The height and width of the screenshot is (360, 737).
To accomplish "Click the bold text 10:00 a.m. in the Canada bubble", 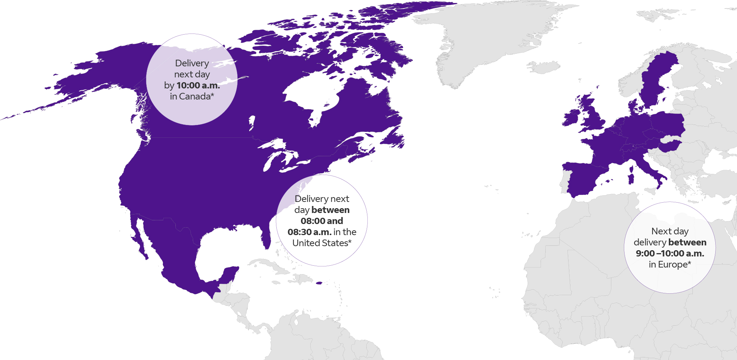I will [x=198, y=85].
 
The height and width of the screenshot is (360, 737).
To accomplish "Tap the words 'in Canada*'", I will [x=192, y=97].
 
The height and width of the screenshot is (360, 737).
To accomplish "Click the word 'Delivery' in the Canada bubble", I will [x=192, y=63].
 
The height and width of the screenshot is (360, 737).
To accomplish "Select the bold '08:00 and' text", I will [x=322, y=221].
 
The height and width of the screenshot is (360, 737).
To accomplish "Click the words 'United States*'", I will [x=322, y=243].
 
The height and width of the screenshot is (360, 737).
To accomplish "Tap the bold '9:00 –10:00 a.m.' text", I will [x=670, y=254].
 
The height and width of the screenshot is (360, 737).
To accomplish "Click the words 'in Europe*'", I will [x=670, y=265].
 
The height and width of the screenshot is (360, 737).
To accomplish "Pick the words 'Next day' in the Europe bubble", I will [x=670, y=231].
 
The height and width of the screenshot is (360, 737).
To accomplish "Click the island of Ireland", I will [x=571, y=118].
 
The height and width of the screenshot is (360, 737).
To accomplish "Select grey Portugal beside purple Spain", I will [x=564, y=181].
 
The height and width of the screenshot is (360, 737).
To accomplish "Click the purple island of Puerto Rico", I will [x=319, y=283].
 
